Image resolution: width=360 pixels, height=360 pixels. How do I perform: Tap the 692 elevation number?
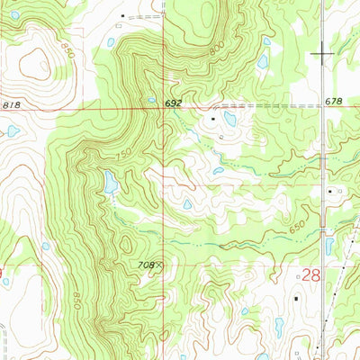174,104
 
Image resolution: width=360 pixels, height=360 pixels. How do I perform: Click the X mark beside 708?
160,265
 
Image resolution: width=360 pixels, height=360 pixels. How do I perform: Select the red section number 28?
310,274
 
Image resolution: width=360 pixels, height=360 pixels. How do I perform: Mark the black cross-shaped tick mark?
321,55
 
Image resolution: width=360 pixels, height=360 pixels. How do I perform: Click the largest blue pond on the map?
110,183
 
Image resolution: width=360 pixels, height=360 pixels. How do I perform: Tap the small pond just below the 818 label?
13,131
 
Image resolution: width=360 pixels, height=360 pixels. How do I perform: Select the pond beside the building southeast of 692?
229,119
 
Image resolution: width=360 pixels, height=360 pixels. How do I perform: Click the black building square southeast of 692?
213,117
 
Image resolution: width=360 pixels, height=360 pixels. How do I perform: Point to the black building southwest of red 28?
295,297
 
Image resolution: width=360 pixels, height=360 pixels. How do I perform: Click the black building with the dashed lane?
123,15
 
